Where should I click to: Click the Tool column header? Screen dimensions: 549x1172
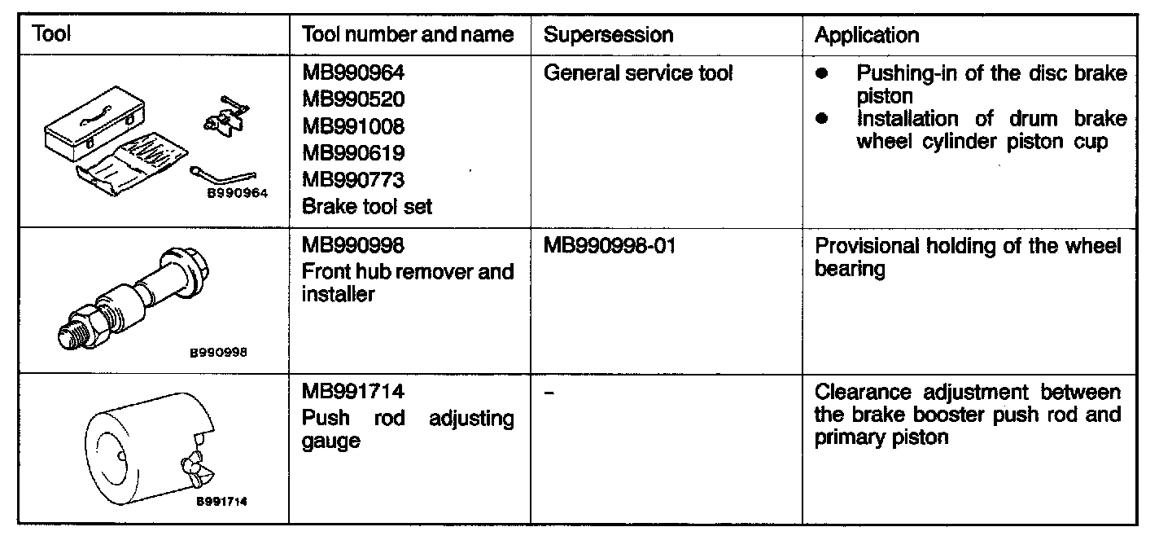(50, 35)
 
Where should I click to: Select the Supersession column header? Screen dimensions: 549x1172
(608, 35)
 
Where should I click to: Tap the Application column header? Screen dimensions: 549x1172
(867, 35)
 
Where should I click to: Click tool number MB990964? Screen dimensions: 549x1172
(353, 73)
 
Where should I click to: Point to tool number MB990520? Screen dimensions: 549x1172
(353, 100)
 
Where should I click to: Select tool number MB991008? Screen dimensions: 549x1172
(353, 127)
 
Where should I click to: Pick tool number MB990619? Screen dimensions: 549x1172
(353, 153)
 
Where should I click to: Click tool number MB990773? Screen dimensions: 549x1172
(353, 180)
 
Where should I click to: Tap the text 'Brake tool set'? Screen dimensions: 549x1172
(367, 206)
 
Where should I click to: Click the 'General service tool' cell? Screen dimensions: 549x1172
(638, 73)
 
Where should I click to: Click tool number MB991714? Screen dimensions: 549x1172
(353, 392)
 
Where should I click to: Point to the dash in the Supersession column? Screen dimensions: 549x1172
(549, 393)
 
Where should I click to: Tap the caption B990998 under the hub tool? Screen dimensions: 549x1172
(219, 353)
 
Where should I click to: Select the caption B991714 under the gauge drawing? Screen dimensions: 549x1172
(220, 502)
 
